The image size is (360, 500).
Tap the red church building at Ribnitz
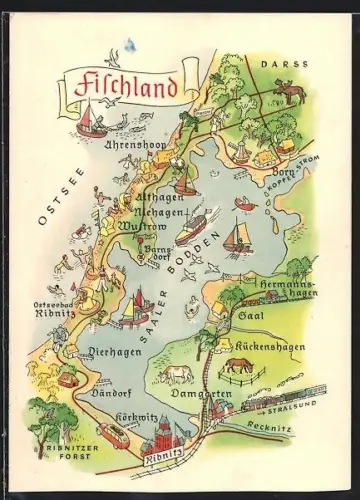pyautogui.click(x=162, y=436)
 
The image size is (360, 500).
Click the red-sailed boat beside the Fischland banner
pyautogui.click(x=90, y=123)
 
